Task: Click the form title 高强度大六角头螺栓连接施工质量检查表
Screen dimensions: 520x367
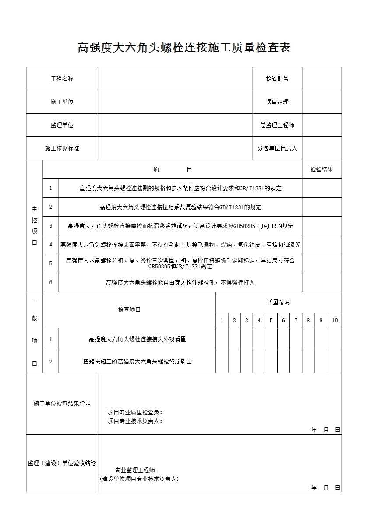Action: click(x=184, y=47)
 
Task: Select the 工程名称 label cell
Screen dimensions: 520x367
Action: click(x=62, y=79)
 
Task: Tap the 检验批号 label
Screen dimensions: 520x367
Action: click(x=277, y=79)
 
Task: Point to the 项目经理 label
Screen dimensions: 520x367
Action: click(x=277, y=102)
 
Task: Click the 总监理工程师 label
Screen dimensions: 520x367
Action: click(x=277, y=125)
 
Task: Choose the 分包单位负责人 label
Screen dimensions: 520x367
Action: click(x=277, y=148)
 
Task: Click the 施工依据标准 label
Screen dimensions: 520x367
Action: click(x=62, y=148)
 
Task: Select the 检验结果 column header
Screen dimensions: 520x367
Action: click(x=321, y=169)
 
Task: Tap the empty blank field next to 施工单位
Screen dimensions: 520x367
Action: click(x=175, y=102)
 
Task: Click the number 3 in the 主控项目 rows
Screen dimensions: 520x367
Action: click(x=51, y=226)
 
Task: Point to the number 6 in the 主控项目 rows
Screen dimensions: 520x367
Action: click(x=51, y=282)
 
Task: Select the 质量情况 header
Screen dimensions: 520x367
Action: click(x=278, y=302)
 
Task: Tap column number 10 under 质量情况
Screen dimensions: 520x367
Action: click(x=335, y=321)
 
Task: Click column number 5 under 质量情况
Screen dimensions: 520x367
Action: click(x=271, y=321)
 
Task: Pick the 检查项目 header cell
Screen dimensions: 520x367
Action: click(x=129, y=310)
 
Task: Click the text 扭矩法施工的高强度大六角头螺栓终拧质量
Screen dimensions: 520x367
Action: click(x=137, y=362)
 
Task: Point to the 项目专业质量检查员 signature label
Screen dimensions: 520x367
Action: click(x=135, y=412)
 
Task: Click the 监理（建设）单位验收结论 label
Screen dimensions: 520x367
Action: click(x=62, y=463)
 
